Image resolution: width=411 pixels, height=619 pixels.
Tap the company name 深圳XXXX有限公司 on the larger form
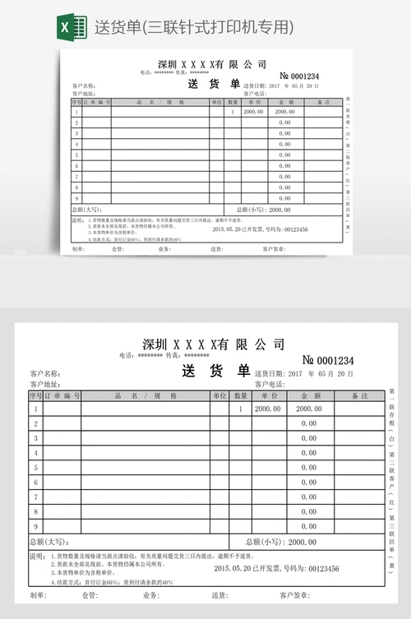(x=214, y=344)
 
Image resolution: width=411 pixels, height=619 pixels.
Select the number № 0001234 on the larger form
(x=328, y=360)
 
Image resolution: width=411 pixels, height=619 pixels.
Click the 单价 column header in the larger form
(x=267, y=395)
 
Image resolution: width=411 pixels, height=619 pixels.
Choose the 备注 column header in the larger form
(x=358, y=395)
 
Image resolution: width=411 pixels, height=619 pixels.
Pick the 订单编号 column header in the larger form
(x=62, y=395)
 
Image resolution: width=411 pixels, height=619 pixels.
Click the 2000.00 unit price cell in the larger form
(x=267, y=409)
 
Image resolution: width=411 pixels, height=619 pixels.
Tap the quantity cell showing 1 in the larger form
(x=240, y=409)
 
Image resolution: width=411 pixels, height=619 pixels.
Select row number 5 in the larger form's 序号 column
(x=35, y=468)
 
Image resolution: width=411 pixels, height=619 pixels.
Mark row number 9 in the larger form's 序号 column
(x=35, y=527)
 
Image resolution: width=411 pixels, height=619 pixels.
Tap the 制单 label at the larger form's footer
(x=38, y=595)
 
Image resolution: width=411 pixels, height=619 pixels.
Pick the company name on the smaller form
(x=212, y=64)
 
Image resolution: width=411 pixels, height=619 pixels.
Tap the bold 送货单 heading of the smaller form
(x=213, y=84)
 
